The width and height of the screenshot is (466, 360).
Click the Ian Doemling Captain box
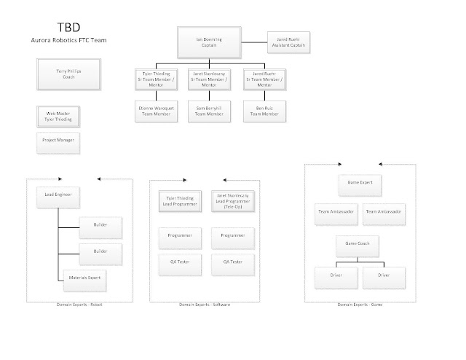click(x=208, y=43)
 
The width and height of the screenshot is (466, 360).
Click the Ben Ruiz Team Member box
click(x=264, y=110)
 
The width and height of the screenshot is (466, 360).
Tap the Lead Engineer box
click(x=58, y=195)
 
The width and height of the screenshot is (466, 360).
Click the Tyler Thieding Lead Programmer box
click(x=178, y=202)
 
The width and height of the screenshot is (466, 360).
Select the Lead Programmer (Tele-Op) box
click(x=232, y=202)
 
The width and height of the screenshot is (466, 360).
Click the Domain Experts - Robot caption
click(x=79, y=304)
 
